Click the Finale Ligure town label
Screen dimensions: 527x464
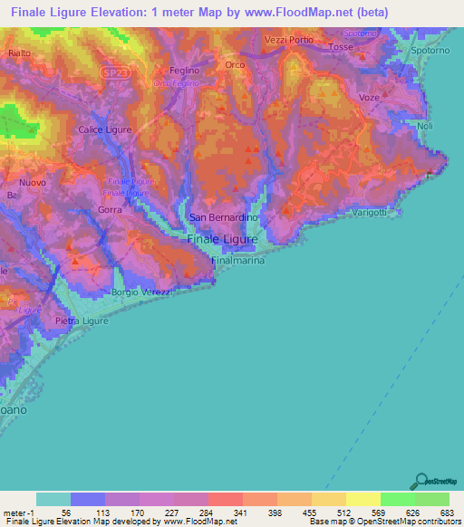[222, 240]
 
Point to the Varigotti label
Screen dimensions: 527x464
[370, 213]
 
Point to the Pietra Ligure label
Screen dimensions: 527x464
[82, 321]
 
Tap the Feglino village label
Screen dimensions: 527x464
[185, 70]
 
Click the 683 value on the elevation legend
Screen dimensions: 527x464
[444, 513]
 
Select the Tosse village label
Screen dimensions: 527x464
[341, 46]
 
